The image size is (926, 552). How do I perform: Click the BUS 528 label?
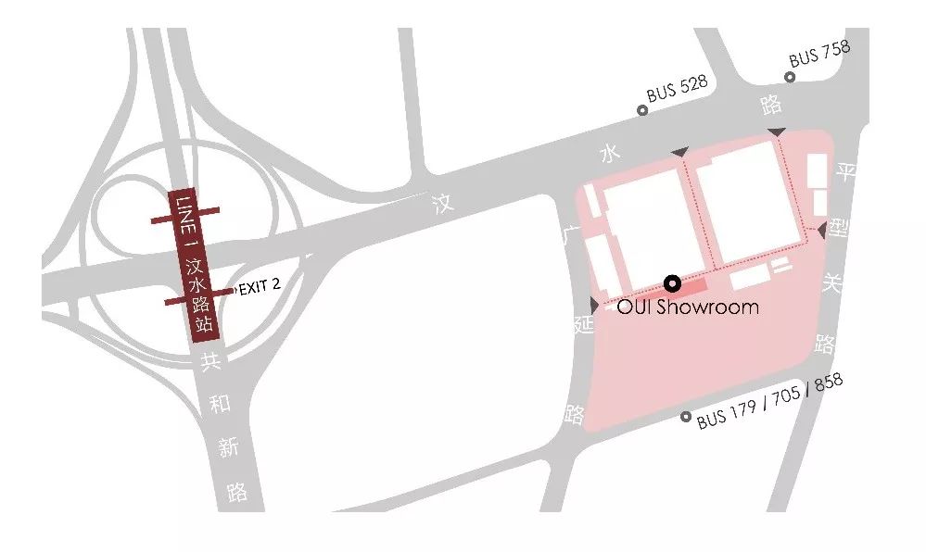(678, 89)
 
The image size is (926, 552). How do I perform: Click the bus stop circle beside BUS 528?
(641, 110)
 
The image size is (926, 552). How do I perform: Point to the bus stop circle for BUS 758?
(790, 77)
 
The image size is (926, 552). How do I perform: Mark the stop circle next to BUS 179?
(686, 418)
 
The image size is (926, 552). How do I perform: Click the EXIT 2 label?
(260, 287)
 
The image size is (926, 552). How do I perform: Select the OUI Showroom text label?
(688, 307)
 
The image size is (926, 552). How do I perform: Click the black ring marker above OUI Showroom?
(672, 282)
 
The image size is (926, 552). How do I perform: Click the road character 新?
(229, 448)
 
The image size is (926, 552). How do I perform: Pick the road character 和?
(220, 404)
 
